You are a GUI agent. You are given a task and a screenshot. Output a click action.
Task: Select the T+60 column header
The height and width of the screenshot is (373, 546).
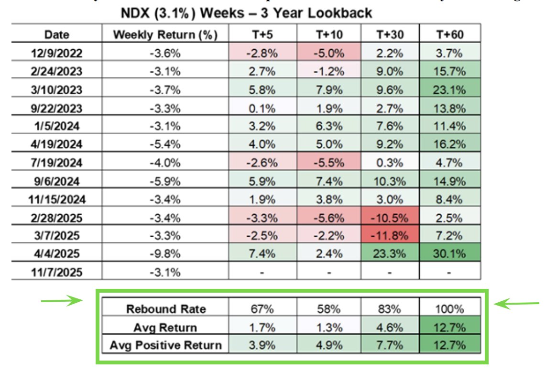click(450, 34)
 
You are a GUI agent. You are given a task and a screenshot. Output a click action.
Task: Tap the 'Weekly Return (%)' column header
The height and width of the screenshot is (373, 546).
click(165, 34)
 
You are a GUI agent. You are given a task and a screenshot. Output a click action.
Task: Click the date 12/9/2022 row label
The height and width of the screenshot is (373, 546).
click(56, 53)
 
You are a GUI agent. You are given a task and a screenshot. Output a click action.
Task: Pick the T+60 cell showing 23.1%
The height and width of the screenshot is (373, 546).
click(450, 90)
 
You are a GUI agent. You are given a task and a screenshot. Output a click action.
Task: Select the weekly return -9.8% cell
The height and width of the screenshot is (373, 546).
click(165, 254)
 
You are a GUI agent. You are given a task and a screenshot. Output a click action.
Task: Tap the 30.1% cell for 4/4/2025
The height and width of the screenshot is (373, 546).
click(450, 254)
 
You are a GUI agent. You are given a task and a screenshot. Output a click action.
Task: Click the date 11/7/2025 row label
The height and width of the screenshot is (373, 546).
click(56, 273)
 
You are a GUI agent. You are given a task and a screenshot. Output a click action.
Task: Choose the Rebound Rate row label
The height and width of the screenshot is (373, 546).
click(165, 309)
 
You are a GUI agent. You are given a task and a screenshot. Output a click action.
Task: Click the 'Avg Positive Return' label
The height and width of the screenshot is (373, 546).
click(165, 345)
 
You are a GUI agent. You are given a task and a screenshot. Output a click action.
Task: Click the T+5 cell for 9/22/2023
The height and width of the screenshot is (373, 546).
click(262, 108)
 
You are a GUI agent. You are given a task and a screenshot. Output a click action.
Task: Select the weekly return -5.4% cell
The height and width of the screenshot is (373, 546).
click(165, 144)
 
